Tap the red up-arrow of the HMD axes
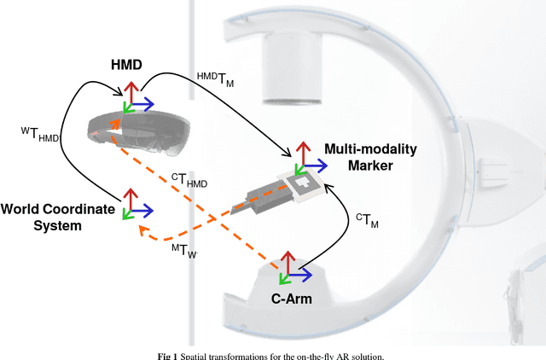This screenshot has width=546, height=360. pyautogui.click(x=130, y=92)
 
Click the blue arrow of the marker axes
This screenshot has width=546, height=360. pyautogui.click(x=313, y=168)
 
